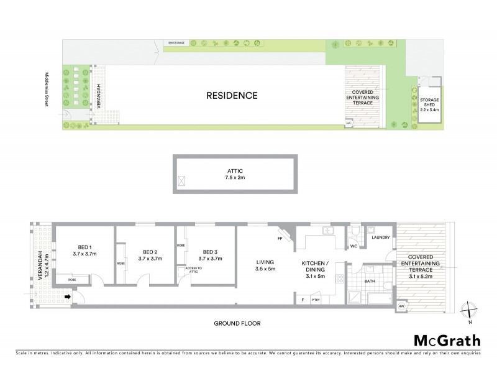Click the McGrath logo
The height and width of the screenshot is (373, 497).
(x=447, y=340)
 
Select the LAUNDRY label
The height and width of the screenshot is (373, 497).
(x=380, y=237)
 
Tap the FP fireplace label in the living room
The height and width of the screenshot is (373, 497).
(x=280, y=238)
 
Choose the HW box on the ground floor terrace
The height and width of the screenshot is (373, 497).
(x=401, y=307)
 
